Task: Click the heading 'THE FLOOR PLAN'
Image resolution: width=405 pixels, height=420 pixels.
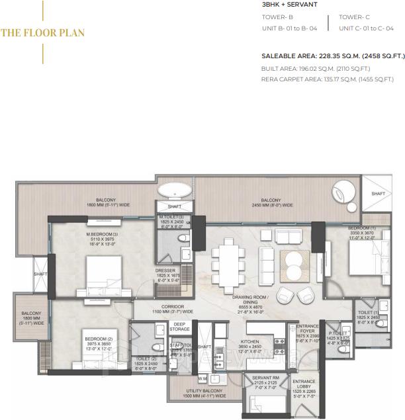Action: click(43, 32)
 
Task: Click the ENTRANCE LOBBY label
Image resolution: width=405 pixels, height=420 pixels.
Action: click(304, 385)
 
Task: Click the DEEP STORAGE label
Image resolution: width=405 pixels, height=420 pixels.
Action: click(180, 326)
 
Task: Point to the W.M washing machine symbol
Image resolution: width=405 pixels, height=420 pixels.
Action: click(202, 378)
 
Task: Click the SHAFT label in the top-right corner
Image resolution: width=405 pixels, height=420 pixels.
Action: click(378, 194)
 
